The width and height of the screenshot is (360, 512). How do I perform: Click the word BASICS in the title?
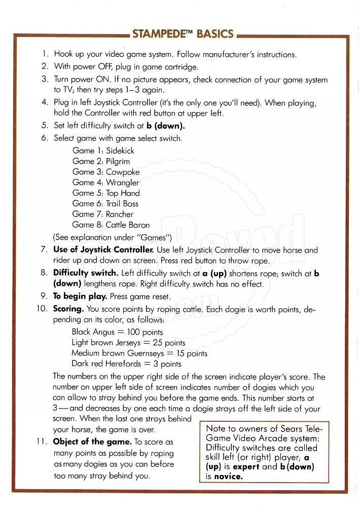tap(215, 34)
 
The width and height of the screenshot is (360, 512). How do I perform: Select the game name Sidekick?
tap(120, 151)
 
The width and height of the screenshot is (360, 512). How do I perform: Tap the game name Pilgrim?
tap(118, 161)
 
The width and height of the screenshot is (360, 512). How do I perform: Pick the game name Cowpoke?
tap(122, 172)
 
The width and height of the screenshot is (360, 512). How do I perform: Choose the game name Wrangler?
tap(122, 182)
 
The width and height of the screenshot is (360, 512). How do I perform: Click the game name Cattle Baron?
tap(127, 225)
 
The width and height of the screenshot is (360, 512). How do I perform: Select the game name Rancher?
tap(120, 214)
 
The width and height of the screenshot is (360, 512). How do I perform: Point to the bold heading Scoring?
tap(68, 309)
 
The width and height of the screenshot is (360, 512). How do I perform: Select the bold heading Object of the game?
tap(92, 442)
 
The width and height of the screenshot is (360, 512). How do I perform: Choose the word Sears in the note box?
tap(284, 429)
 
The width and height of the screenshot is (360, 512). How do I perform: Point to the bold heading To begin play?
tap(80, 297)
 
